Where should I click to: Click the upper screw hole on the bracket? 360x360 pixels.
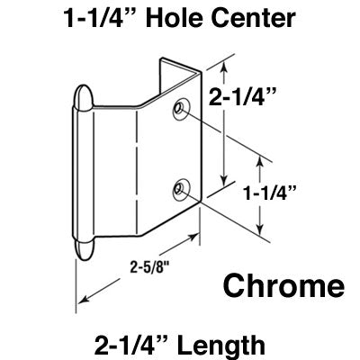tap(183, 108)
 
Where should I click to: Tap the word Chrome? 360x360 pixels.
tap(283, 287)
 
